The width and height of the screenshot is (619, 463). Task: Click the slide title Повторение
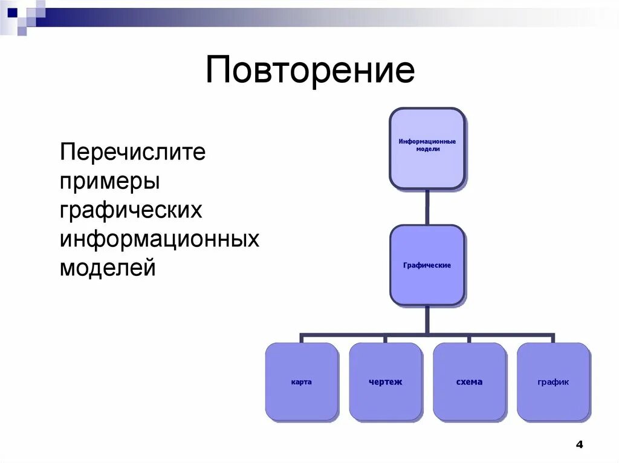309,71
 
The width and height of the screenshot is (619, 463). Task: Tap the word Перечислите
132,152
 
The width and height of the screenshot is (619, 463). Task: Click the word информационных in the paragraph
159,239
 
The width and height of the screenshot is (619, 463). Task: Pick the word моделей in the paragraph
108,267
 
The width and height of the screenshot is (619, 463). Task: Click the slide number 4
579,445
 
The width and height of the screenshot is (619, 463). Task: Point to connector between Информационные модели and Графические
427,207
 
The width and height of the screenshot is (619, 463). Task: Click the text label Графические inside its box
427,266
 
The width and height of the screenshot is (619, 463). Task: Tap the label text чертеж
385,382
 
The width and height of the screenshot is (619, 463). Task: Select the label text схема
469,382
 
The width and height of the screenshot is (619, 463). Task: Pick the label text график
553,382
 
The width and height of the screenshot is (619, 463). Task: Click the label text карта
301,382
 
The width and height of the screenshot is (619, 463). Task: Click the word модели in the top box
427,148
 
